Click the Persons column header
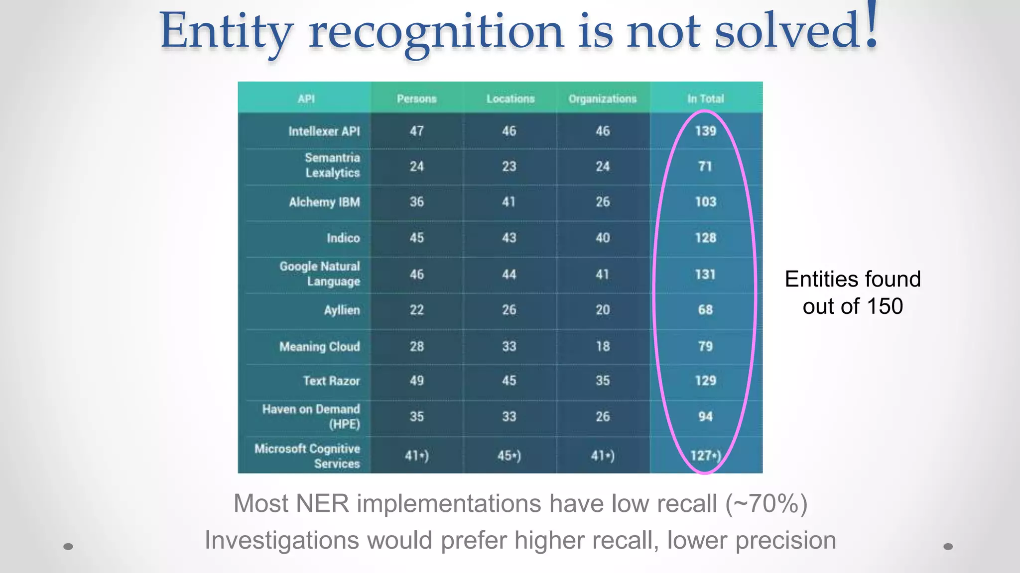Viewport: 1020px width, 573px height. [416, 98]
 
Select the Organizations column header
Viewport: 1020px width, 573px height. [602, 98]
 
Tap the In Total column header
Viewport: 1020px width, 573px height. [705, 98]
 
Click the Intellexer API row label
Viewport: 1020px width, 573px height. [324, 131]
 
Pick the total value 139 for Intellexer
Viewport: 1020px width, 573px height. [705, 131]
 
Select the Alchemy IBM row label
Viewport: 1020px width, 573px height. [324, 202]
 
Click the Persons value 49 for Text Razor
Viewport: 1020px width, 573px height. [416, 381]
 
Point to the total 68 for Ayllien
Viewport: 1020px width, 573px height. [705, 310]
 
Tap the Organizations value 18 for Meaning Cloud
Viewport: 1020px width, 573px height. [603, 346]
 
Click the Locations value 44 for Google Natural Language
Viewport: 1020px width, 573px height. [509, 274]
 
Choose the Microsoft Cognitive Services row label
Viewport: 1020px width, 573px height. [307, 456]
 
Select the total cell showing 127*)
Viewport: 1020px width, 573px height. [705, 455]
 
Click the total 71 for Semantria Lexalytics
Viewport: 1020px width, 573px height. [705, 166]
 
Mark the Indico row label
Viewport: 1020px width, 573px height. [343, 238]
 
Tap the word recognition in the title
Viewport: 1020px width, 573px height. [436, 32]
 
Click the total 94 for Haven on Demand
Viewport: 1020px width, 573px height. [705, 416]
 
